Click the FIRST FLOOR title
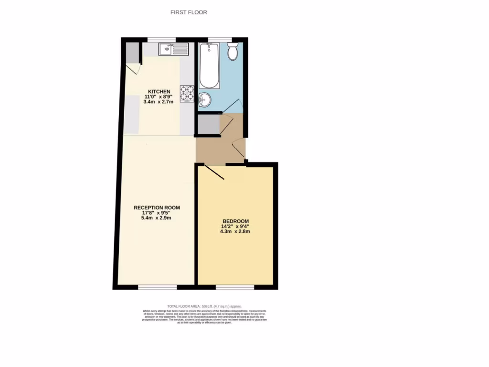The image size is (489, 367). pos(189,12)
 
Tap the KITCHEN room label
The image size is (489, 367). pos(159,92)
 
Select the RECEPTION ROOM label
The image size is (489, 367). pos(157,207)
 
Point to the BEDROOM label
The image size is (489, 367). pos(235,221)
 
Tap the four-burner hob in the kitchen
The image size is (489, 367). pos(187,93)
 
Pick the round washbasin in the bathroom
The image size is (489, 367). pos(204,99)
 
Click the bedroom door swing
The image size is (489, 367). pos(214,173)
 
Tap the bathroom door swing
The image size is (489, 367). pos(230,106)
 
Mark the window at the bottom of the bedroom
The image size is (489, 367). pos(235,287)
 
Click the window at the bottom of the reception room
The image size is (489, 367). pos(157,287)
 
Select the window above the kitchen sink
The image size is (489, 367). pos(161,39)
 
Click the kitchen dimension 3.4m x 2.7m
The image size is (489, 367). pos(159,102)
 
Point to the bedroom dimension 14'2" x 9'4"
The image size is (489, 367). pos(235,227)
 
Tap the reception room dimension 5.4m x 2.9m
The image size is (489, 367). pos(157,218)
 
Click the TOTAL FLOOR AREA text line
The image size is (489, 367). pos(204,306)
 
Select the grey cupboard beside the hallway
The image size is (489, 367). pos(208,124)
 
